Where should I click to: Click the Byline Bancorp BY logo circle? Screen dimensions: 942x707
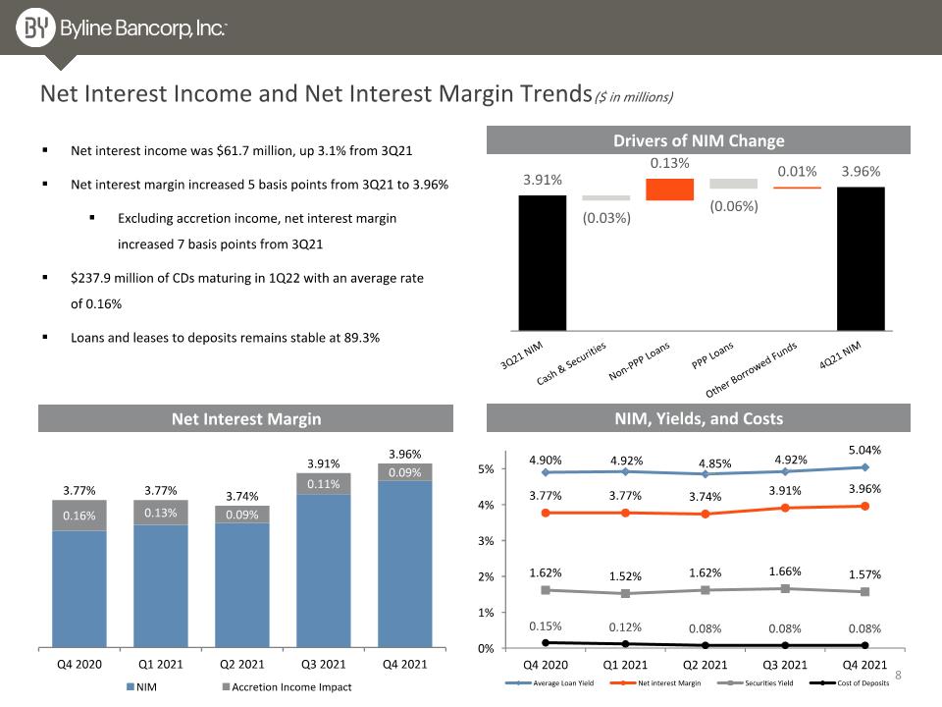(35, 27)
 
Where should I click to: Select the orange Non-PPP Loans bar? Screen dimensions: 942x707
(669, 190)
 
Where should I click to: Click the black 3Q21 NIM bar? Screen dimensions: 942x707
(543, 263)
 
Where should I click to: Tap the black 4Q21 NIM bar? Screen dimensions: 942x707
(861, 258)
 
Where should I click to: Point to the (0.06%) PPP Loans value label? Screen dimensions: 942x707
(734, 206)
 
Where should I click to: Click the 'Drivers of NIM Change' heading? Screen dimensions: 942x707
(699, 140)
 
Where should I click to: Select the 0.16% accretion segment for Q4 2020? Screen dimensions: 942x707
(79, 516)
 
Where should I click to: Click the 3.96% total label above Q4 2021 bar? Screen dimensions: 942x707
(405, 454)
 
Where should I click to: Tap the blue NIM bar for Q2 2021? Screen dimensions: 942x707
(242, 585)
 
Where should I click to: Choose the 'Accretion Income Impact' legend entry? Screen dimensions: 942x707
(288, 686)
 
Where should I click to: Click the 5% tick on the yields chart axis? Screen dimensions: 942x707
(486, 469)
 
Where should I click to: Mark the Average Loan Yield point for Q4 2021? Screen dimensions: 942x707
(864, 467)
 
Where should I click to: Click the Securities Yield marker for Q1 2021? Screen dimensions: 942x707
(625, 593)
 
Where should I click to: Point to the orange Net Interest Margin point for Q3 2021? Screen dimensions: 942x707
(785, 508)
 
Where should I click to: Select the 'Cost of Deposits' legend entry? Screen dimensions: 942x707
(850, 683)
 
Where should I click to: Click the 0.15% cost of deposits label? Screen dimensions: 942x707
(545, 625)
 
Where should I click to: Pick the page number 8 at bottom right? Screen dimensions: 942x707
(898, 675)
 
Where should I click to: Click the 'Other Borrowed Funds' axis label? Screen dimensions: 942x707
(751, 369)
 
